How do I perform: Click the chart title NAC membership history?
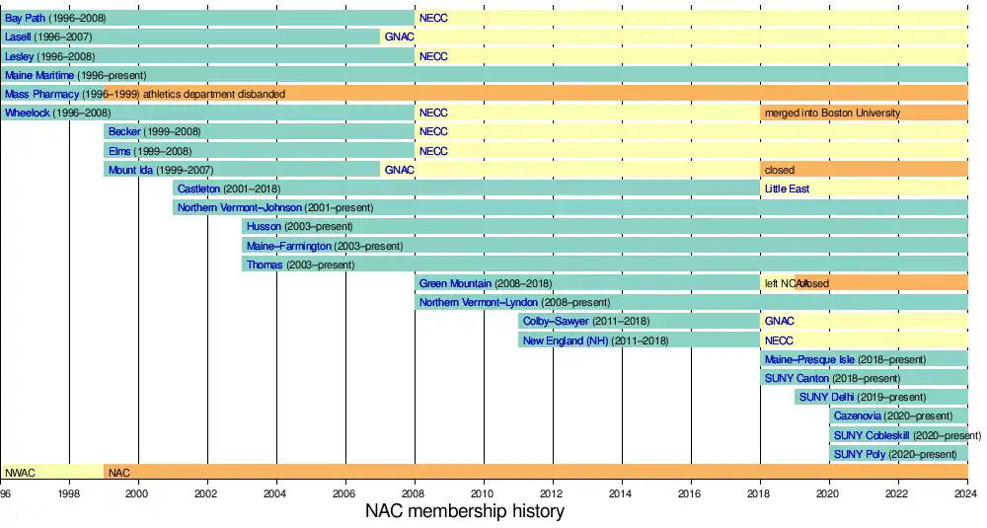465,511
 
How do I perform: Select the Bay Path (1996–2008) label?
57,18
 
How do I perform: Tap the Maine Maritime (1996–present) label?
75,75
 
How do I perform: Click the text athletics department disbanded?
213,94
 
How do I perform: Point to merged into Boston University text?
832,113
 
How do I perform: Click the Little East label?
787,189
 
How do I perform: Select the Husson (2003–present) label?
299,226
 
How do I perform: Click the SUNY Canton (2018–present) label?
832,378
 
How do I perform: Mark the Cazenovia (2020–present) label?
893,415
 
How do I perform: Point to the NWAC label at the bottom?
20,473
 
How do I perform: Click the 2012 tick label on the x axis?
552,493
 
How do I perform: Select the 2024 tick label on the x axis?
966,493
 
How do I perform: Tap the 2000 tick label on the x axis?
137,493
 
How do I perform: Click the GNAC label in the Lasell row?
399,37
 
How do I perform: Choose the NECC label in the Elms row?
433,151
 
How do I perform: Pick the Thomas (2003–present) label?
300,264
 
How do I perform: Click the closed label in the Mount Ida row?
779,170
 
